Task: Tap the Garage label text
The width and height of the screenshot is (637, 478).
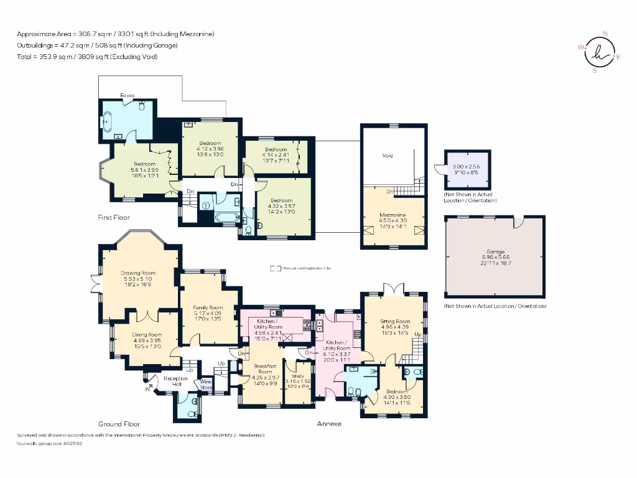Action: pyautogui.click(x=495, y=251)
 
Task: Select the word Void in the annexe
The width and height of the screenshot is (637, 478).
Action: pyautogui.click(x=387, y=156)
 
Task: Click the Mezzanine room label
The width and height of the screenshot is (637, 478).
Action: pyautogui.click(x=393, y=215)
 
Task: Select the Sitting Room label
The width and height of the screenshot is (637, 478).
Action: pyautogui.click(x=395, y=321)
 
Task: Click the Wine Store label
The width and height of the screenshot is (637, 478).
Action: pyautogui.click(x=206, y=385)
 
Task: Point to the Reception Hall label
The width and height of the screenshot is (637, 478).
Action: pyautogui.click(x=176, y=381)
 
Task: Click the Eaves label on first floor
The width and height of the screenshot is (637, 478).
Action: pyautogui.click(x=128, y=95)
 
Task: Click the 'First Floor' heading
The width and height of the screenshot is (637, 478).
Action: pyautogui.click(x=114, y=217)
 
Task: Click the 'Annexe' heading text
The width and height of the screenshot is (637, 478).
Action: pyautogui.click(x=329, y=423)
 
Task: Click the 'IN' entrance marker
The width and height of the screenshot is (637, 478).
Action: pyautogui.click(x=147, y=389)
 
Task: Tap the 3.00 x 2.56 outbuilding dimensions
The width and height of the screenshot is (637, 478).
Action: pyautogui.click(x=467, y=166)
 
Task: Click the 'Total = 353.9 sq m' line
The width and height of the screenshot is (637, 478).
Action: pyautogui.click(x=86, y=57)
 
